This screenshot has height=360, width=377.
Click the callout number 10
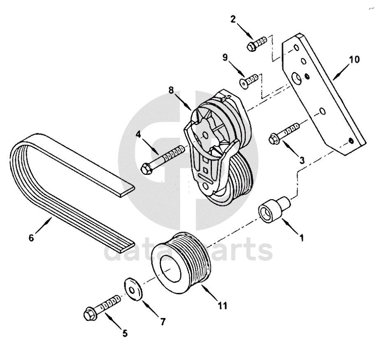pyautogui.click(x=354, y=59)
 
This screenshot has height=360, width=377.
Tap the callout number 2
pyautogui.click(x=233, y=19)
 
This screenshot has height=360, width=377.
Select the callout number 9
pyautogui.click(x=225, y=58)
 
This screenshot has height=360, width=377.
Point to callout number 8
pyautogui.click(x=171, y=90)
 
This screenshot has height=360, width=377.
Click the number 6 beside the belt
pyautogui.click(x=31, y=238)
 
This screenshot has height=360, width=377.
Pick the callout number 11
pyautogui.click(x=222, y=306)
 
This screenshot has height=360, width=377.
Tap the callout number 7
pyautogui.click(x=163, y=322)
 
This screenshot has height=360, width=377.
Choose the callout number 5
pyautogui.click(x=125, y=333)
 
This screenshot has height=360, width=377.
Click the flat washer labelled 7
pyautogui.click(x=133, y=289)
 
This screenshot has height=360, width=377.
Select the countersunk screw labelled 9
pyautogui.click(x=248, y=81)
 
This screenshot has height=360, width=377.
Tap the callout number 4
pyautogui.click(x=138, y=135)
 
